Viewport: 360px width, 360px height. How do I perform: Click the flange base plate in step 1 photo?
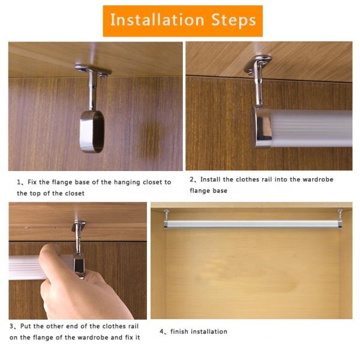click(92, 70)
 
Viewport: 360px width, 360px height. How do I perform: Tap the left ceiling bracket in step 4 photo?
click(166, 215)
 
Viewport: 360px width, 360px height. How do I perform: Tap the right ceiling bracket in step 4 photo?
click(340, 215)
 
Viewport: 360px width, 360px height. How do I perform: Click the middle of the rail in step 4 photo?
click(252, 224)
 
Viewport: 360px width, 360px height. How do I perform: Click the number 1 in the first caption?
click(19, 182)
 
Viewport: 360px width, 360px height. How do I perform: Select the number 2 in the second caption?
click(192, 179)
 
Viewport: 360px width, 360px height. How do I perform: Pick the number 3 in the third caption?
click(12, 327)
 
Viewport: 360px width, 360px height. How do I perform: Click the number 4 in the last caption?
click(161, 331)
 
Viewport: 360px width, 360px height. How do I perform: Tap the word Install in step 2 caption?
click(212, 179)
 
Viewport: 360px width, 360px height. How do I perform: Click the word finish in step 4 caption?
click(181, 331)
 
